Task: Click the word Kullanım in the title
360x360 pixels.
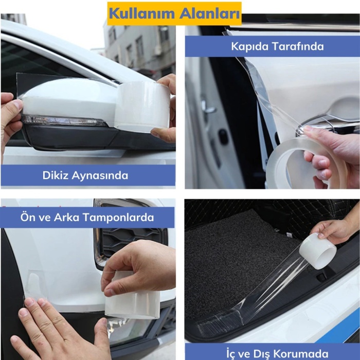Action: pyautogui.click(x=140, y=13)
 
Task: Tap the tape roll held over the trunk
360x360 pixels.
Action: pyautogui.click(x=317, y=250)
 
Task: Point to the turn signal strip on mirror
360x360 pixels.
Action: pyautogui.click(x=64, y=121)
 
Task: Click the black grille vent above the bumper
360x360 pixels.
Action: pyautogui.click(x=129, y=242)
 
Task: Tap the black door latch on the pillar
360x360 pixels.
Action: pyautogui.click(x=223, y=136)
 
